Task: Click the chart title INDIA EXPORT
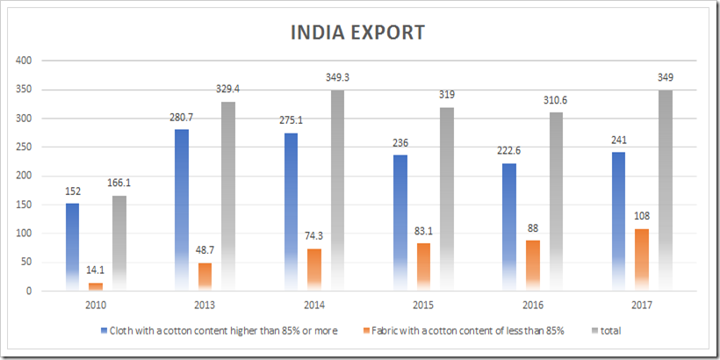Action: (358, 32)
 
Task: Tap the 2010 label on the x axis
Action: (97, 306)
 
